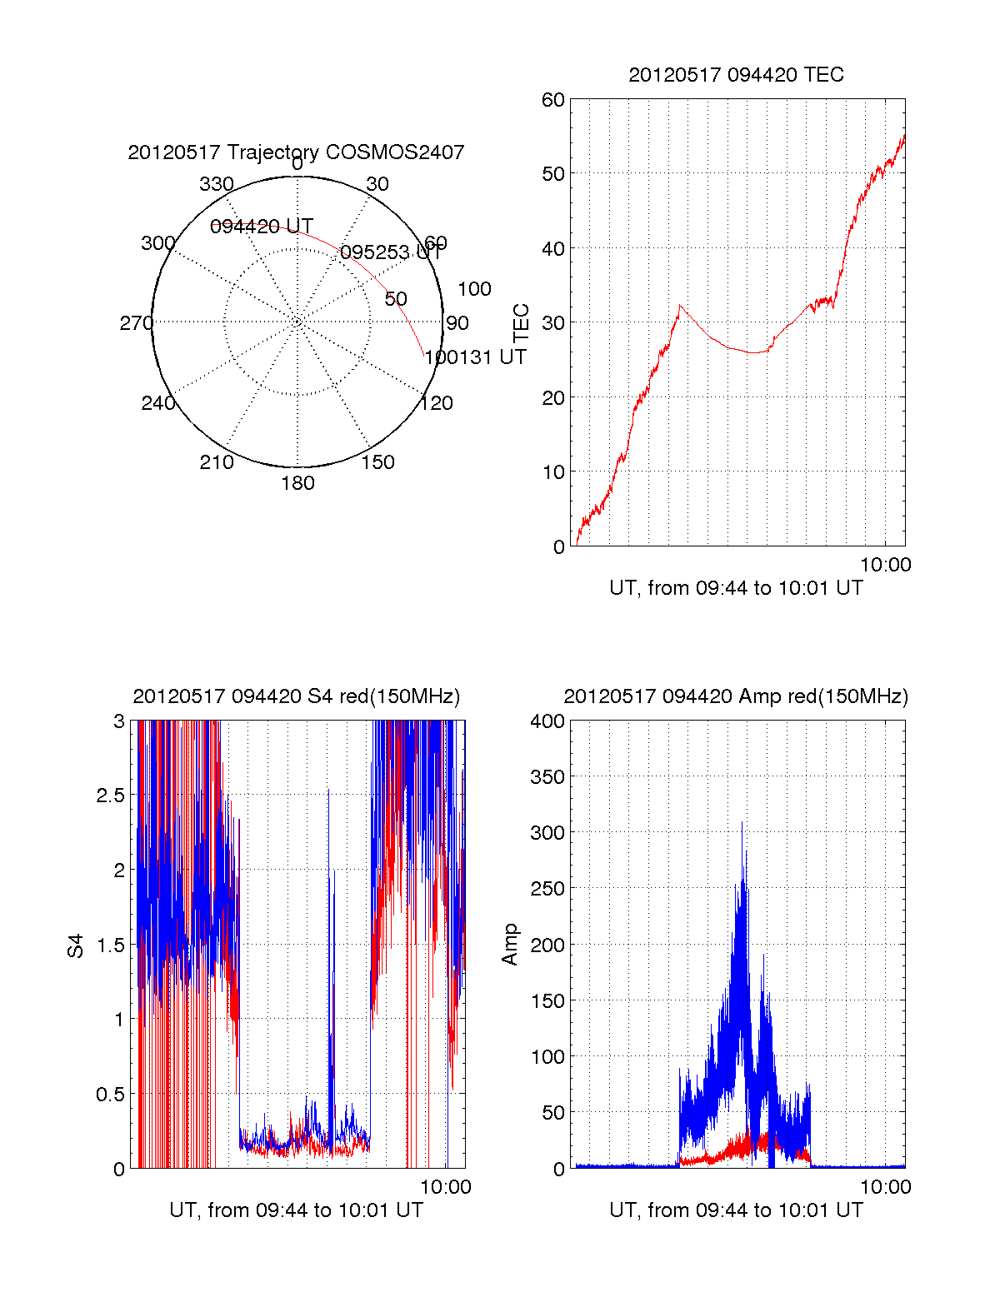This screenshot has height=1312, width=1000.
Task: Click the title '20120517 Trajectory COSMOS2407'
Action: [x=296, y=152]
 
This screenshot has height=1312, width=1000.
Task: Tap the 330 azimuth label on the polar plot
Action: [x=217, y=184]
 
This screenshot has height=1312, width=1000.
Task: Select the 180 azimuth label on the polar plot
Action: [x=297, y=483]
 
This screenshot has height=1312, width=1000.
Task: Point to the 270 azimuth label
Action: [x=137, y=323]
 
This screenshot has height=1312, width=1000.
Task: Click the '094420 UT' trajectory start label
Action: [x=262, y=227]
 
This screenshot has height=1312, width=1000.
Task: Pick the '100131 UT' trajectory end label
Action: [x=476, y=357]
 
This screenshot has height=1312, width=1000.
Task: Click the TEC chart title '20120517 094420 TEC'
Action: [x=736, y=75]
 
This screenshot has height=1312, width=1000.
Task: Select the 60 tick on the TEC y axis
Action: [x=553, y=100]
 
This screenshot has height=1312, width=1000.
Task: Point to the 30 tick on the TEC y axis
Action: [x=553, y=323]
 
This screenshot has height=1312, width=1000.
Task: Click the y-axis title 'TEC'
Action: [x=522, y=323]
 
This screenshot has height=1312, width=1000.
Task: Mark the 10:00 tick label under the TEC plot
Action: [x=885, y=565]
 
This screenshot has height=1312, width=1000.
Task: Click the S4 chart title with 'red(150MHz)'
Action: [x=296, y=696]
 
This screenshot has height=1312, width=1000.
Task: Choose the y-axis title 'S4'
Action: [x=76, y=945]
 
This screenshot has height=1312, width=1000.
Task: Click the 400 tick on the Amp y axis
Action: [x=547, y=721]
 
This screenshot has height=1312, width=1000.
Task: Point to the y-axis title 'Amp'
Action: [x=510, y=945]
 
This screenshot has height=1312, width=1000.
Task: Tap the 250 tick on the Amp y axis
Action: [x=547, y=889]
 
